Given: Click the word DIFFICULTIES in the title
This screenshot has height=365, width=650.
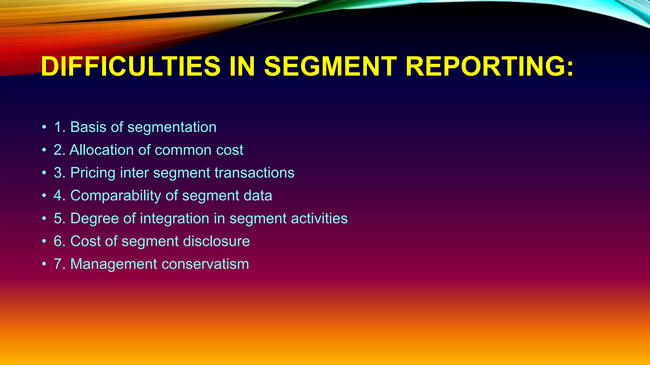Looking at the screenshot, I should (130, 67).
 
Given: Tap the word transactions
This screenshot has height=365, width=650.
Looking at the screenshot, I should (254, 173).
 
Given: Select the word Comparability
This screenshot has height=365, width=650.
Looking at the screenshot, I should (116, 196).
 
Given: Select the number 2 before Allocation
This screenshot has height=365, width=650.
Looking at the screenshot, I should (58, 150).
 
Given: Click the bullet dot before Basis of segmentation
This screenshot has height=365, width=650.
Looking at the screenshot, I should (44, 128).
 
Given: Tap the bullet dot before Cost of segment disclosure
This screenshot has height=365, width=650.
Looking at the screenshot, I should (44, 242).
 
